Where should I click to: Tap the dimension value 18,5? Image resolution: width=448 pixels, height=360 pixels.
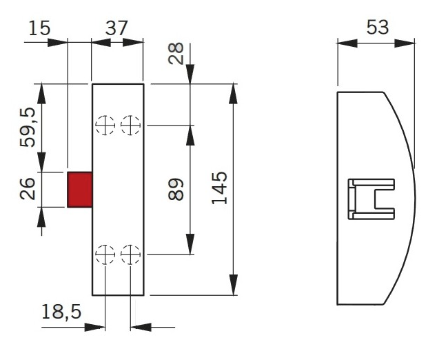[61, 312]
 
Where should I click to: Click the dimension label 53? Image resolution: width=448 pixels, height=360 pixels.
[376, 28]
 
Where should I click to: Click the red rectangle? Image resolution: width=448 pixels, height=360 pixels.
[80, 189]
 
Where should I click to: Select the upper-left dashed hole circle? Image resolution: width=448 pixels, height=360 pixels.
[105, 126]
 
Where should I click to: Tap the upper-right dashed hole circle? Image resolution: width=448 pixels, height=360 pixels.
[130, 126]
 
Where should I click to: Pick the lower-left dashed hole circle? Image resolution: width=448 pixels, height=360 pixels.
[105, 254]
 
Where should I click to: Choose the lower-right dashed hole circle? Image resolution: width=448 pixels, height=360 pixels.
[130, 254]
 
